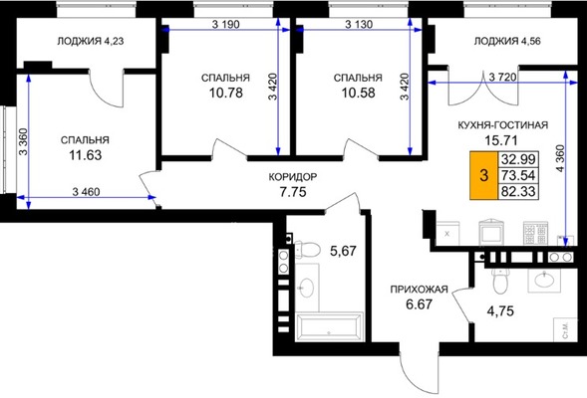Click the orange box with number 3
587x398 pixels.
[483, 175]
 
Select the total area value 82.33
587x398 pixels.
[518, 191]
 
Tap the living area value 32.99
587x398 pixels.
[518, 159]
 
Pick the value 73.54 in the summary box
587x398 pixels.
[518, 175]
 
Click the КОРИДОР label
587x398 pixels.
[293, 177]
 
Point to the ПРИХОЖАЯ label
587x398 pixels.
[419, 290]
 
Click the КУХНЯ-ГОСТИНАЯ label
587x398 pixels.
[502, 125]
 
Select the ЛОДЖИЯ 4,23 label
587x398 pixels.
[91, 41]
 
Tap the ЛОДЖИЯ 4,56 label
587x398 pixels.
[507, 41]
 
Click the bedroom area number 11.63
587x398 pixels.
[86, 155]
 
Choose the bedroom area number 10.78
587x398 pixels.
[226, 93]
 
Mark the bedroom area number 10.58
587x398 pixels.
[358, 93]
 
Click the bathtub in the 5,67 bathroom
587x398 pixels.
[329, 326]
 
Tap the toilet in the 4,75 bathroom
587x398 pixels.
[499, 281]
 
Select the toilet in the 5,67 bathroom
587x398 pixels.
[307, 250]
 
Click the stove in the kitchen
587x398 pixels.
[536, 234]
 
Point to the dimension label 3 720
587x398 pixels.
[502, 78]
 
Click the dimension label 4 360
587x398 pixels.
[560, 158]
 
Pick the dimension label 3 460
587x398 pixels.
[86, 192]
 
